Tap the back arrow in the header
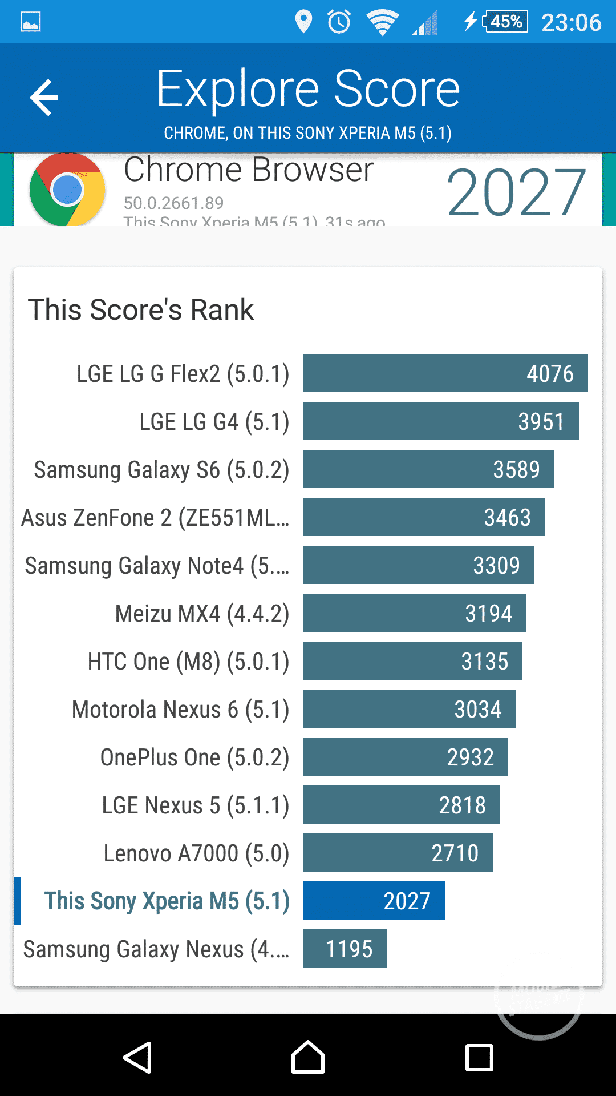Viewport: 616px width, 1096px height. coord(44,98)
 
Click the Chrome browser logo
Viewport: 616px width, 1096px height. coord(67,190)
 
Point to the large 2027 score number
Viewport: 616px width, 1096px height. coord(516,193)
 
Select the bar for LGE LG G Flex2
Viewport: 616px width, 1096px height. coord(445,373)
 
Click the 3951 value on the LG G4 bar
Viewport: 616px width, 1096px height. coord(541,422)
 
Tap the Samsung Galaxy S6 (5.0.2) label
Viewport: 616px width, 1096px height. coord(161,470)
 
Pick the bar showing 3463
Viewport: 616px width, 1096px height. coord(424,517)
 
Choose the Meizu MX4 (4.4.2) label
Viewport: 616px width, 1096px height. coord(202,614)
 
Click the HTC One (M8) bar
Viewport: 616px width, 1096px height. coord(412,661)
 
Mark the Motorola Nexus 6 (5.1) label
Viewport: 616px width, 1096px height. coord(180,710)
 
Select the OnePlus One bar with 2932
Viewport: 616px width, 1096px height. coord(405,757)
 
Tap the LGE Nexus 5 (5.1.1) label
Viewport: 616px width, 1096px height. coord(195,805)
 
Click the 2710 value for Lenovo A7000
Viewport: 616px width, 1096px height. coord(455,853)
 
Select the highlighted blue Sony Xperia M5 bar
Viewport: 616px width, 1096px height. coord(374,901)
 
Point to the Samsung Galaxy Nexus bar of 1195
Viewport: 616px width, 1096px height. coord(345,949)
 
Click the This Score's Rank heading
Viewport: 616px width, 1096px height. coord(141,310)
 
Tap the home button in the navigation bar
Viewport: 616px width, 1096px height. coord(308,1058)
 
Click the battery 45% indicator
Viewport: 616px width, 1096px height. coord(505,22)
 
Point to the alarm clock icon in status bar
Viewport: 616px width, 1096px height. coord(339,22)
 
